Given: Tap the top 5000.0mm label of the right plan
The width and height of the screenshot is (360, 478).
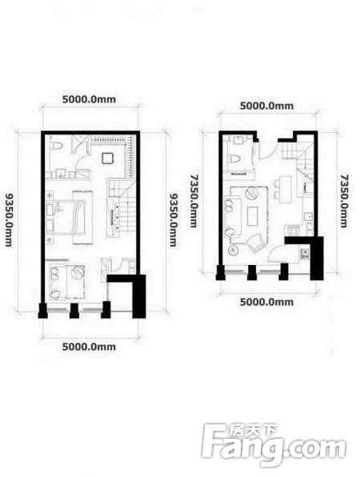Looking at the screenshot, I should coord(267,105).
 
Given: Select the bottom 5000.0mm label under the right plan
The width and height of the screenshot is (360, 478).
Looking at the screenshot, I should coord(267,302).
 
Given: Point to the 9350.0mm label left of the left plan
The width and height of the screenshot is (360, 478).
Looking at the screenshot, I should coord(9,219).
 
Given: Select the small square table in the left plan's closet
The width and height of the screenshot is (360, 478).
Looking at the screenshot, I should coord(106,158).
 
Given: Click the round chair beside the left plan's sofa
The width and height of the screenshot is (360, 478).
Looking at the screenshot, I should coord(72,274).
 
